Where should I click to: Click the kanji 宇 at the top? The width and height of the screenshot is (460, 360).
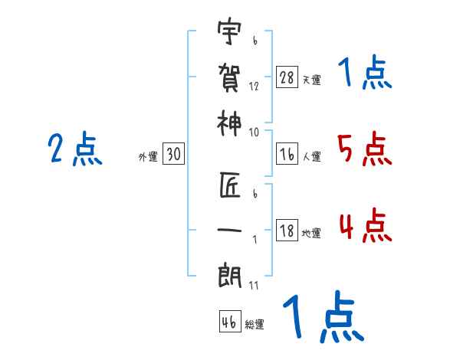(x=229, y=31)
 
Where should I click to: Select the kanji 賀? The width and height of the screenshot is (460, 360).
(x=229, y=78)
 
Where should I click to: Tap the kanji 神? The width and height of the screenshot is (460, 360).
(x=229, y=123)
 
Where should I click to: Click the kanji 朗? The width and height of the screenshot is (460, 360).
(x=229, y=276)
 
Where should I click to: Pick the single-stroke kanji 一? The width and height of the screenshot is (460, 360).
(x=229, y=230)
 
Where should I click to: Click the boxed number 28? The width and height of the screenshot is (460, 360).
(x=287, y=77)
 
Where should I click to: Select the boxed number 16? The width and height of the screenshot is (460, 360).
(x=287, y=154)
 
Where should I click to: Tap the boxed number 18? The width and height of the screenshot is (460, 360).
(x=287, y=230)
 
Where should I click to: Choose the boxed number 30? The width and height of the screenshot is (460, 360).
(x=173, y=154)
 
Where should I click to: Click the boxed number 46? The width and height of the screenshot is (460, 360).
(x=230, y=321)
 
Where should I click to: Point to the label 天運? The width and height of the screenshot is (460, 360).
(x=311, y=80)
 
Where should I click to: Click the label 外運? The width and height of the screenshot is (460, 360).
(x=148, y=156)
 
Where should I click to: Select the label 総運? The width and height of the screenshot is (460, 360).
(x=255, y=324)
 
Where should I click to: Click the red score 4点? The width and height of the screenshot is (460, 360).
(x=366, y=225)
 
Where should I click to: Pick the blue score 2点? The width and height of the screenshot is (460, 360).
(x=75, y=149)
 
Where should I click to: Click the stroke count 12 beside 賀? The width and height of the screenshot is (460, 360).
(x=254, y=87)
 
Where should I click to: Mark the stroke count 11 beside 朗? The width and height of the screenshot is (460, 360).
(x=254, y=286)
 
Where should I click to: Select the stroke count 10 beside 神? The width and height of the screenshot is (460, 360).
(x=254, y=133)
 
